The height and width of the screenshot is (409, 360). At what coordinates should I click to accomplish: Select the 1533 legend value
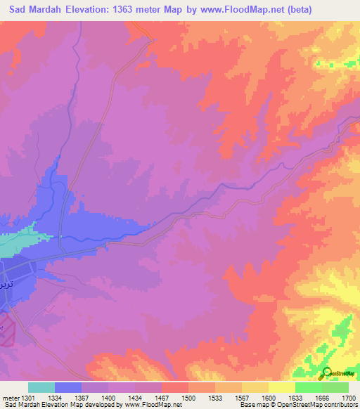pyautogui.click(x=217, y=397)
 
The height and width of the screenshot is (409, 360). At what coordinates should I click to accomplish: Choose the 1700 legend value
pyautogui.click(x=348, y=397)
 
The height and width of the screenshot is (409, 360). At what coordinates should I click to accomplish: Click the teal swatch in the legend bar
pyautogui.click(x=41, y=387)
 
